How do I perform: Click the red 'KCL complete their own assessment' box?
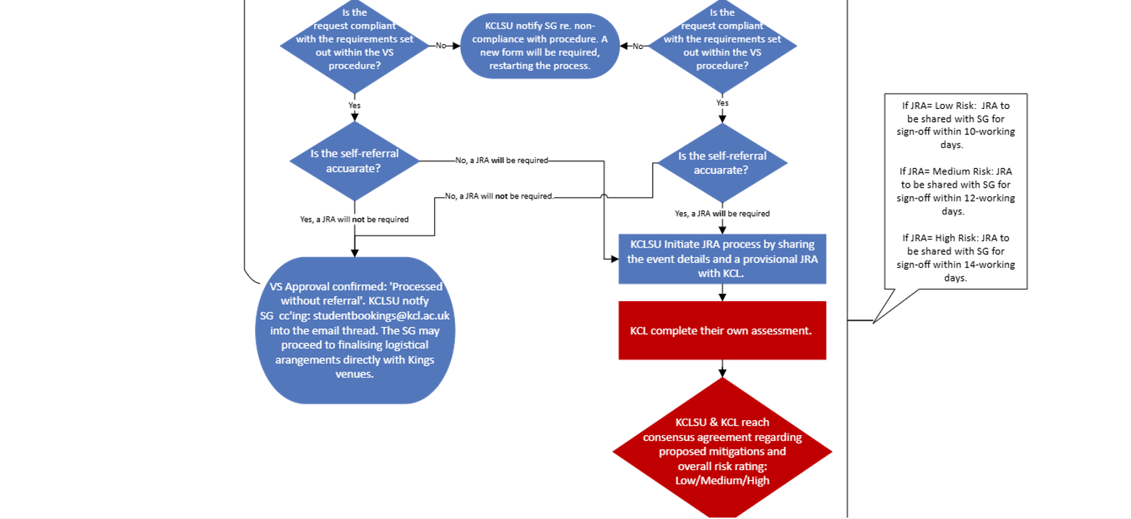coord(721,331)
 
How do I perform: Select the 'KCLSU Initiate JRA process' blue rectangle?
coord(721,258)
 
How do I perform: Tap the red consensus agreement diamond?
coord(721,451)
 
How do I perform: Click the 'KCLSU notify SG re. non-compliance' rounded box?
coord(539,45)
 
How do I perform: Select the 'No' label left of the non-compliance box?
coord(441,45)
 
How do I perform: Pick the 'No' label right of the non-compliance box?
coord(638,45)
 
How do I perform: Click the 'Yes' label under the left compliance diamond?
coord(354,105)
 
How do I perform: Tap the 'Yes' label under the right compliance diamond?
coord(722,103)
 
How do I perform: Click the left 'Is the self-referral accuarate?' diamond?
coord(354,161)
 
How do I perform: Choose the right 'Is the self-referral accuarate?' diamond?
coord(721,164)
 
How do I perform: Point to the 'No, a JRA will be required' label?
coord(502,160)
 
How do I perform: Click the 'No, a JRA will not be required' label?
coord(498,196)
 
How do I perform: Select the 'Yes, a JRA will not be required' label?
coord(354,219)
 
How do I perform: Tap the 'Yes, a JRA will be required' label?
coord(721,214)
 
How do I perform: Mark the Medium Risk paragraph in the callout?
coord(955,191)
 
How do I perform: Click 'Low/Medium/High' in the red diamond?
coord(721,481)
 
